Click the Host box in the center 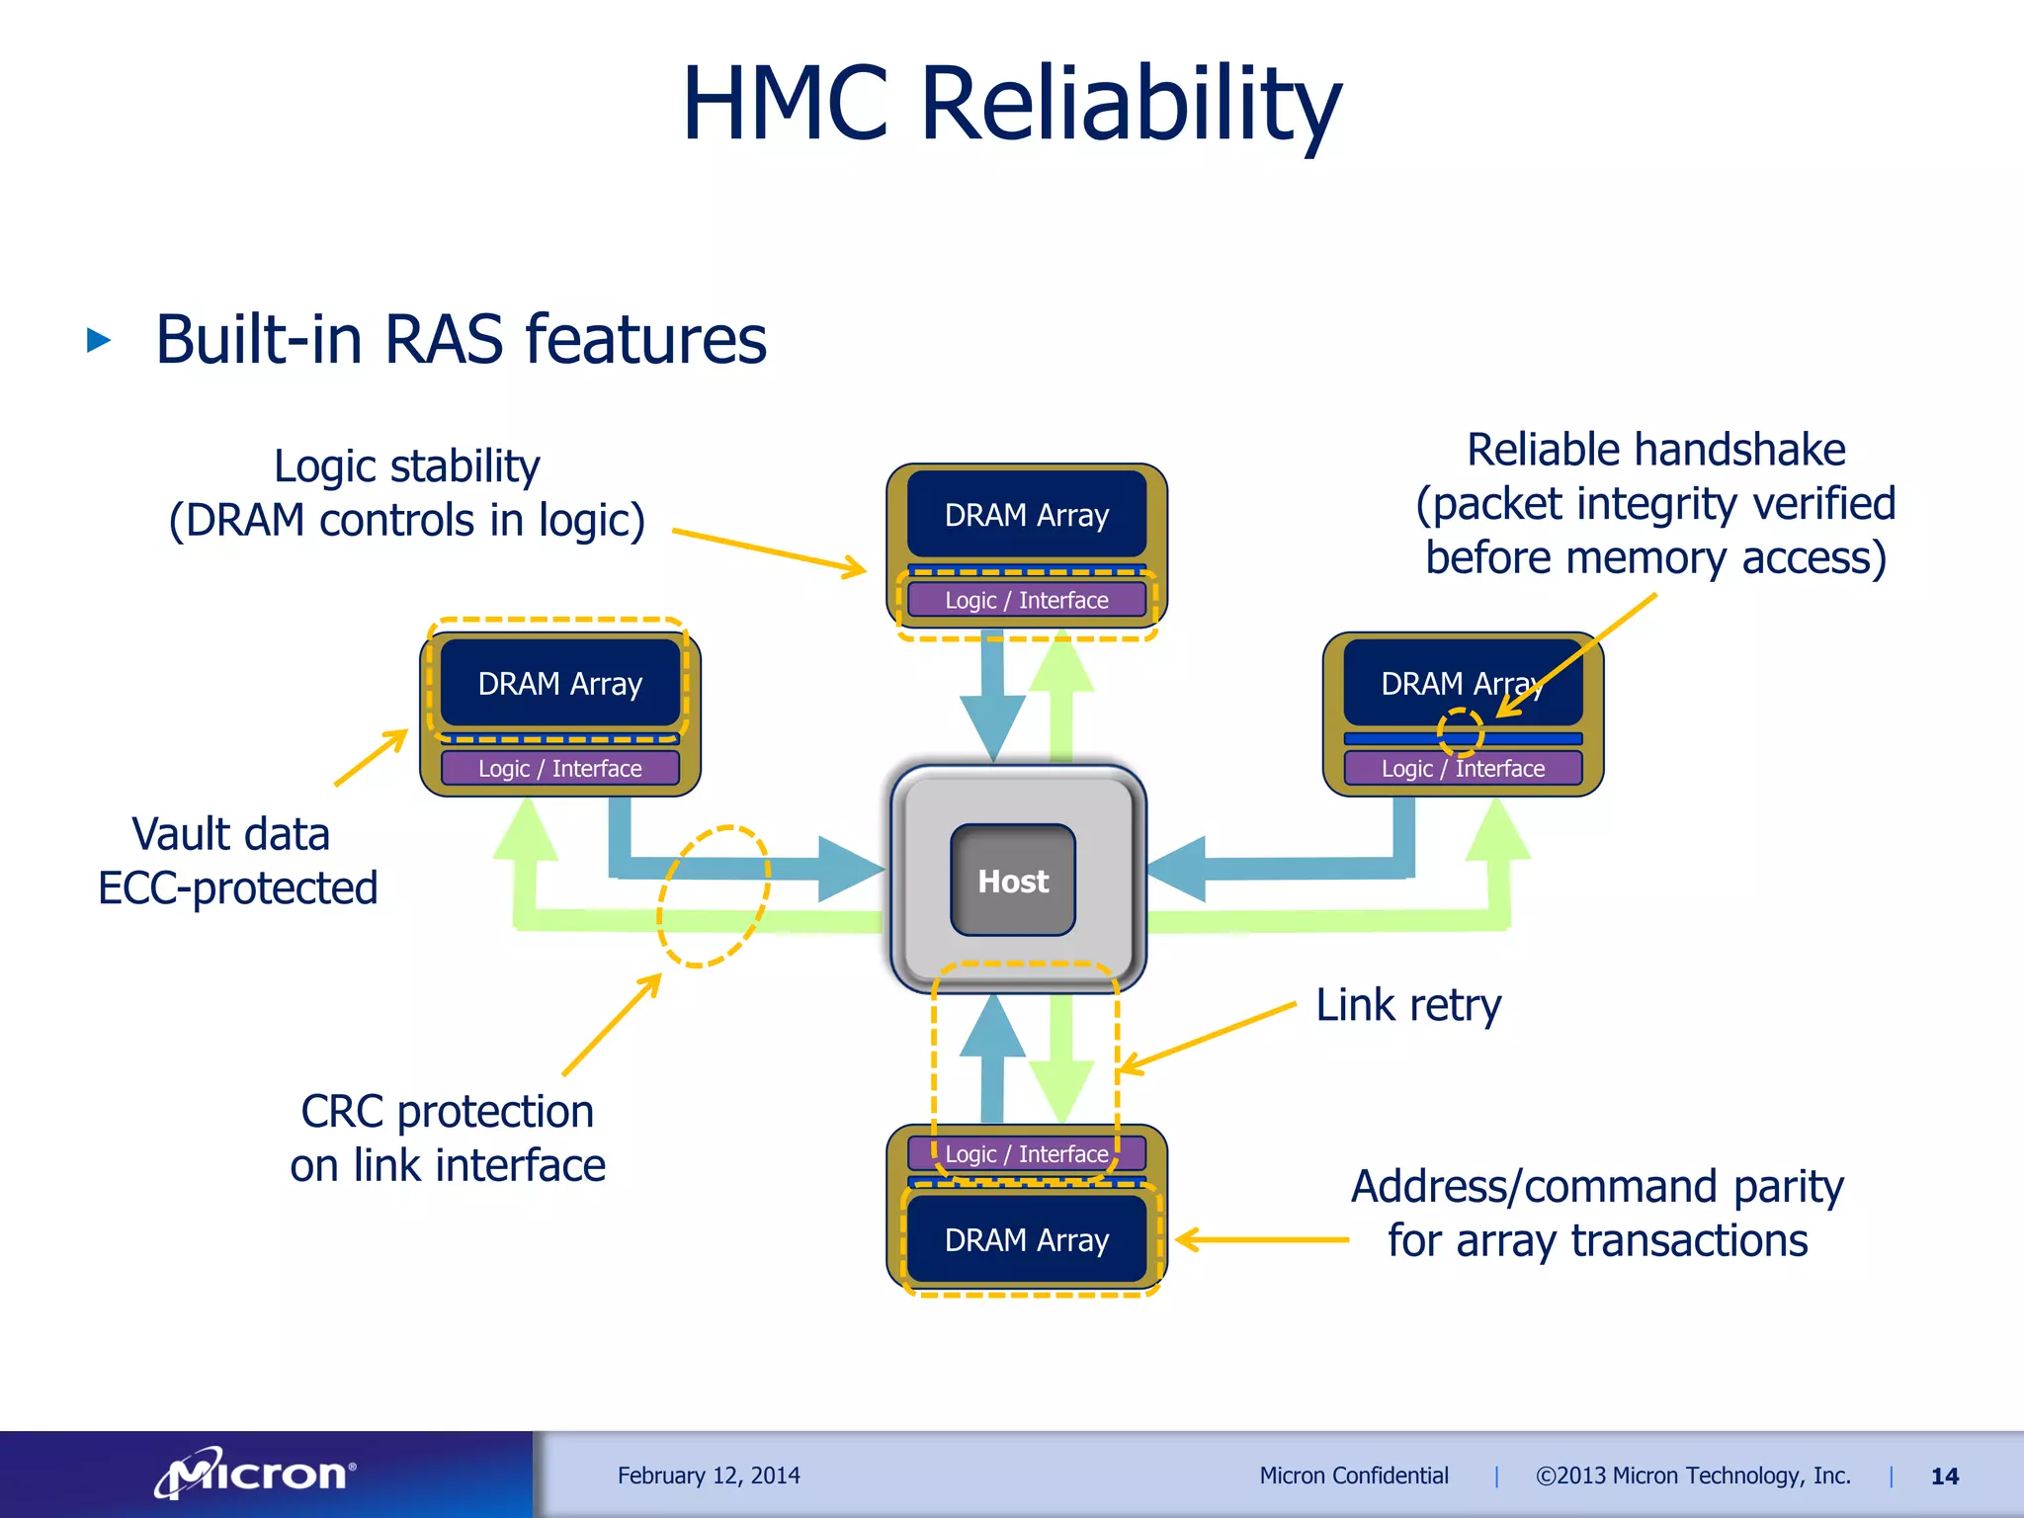(1013, 881)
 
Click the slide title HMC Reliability (1012, 104)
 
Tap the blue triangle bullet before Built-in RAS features (99, 341)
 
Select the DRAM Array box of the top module (1027, 515)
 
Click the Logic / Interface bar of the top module (1027, 600)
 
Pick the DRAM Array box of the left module (559, 684)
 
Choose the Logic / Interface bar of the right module (1463, 768)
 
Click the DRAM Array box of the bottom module (1027, 1239)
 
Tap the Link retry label (1408, 1005)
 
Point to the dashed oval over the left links (714, 895)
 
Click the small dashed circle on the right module (1460, 732)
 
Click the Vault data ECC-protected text (237, 861)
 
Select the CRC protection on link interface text (447, 1138)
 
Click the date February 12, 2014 (709, 1476)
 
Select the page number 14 (1944, 1476)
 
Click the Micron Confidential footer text (1354, 1476)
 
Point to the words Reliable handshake (1655, 450)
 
